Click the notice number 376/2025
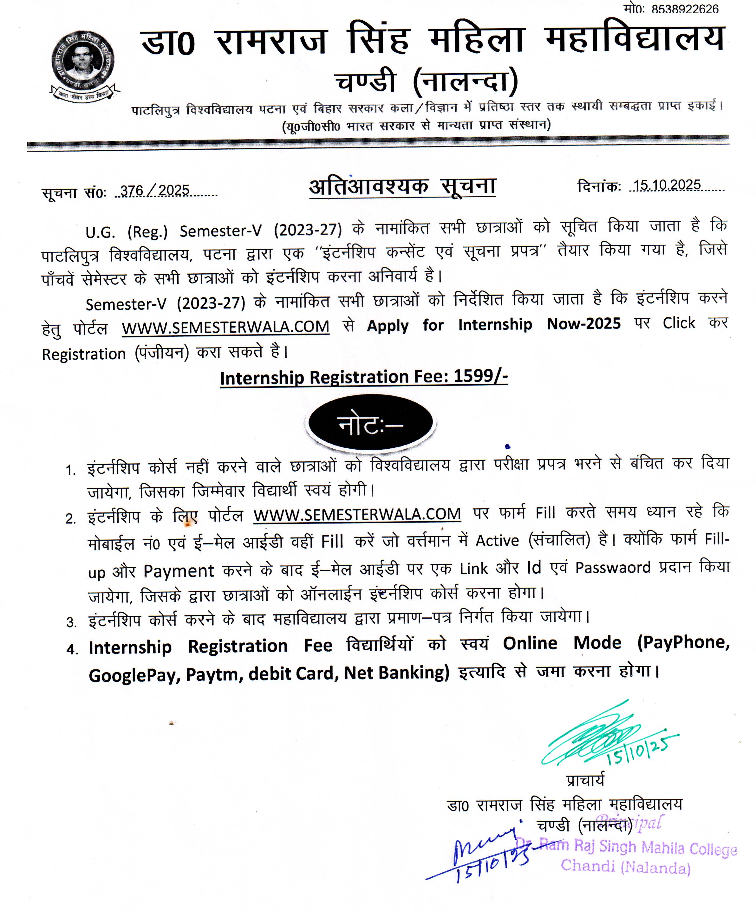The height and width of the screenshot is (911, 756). pos(155,191)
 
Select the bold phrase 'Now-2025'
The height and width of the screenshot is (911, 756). pos(584,324)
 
